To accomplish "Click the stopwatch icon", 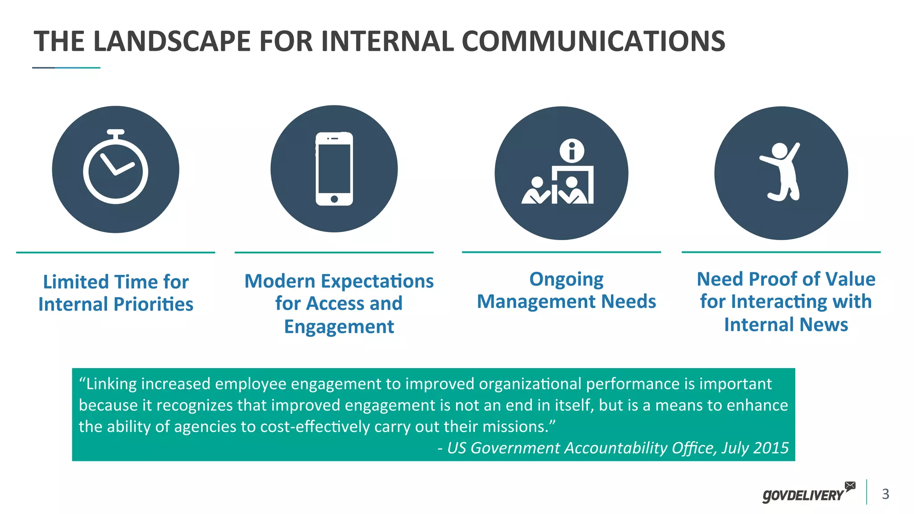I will click(116, 169).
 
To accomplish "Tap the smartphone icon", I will click(334, 169).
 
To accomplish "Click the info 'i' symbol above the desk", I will click(572, 151).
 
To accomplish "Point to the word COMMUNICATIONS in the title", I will click(593, 41).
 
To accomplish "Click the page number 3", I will click(885, 494).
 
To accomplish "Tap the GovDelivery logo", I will click(803, 495).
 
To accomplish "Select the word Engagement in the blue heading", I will click(339, 327).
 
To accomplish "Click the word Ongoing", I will click(566, 280).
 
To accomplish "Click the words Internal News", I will click(785, 325).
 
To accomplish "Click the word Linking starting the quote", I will click(111, 384).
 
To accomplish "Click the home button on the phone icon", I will click(334, 199).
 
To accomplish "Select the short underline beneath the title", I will click(66, 68).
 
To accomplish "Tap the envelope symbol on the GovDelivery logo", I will click(850, 485).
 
